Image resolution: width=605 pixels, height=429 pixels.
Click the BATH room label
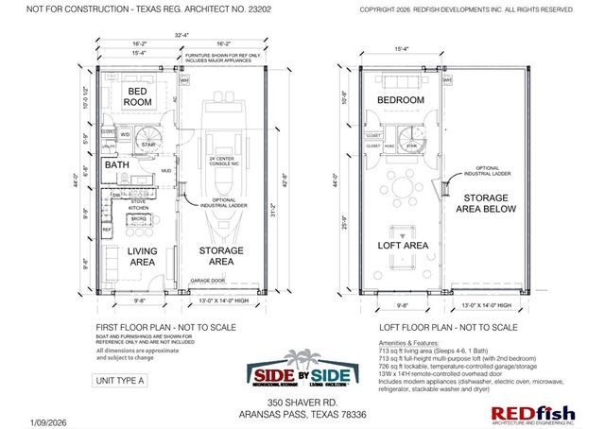(x=117, y=165)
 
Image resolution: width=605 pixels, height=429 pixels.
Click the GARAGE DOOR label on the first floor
(x=208, y=281)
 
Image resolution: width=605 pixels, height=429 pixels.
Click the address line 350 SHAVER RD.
(x=302, y=401)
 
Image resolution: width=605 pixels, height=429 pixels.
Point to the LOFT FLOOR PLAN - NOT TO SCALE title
(x=436, y=327)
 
